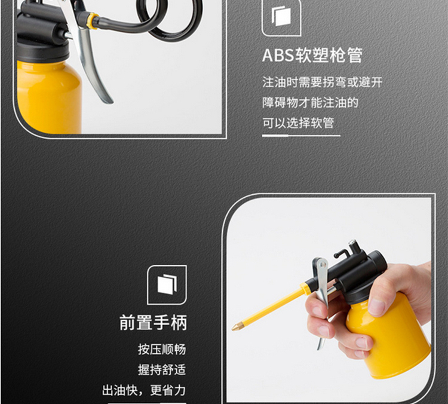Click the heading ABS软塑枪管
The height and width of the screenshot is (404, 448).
point(312,55)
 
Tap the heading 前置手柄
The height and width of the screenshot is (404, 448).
point(153,323)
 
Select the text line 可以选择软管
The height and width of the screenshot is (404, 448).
point(298,123)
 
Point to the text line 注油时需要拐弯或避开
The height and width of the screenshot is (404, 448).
point(323,82)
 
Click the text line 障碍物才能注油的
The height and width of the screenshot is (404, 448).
point(310,103)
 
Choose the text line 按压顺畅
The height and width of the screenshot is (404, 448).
point(162,349)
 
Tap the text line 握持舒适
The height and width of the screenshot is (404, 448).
point(162,370)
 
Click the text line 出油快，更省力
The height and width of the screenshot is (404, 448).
point(144,390)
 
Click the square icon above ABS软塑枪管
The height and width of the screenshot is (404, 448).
point(281,18)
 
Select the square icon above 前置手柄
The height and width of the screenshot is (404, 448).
point(167,285)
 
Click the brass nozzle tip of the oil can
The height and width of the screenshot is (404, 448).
point(236,326)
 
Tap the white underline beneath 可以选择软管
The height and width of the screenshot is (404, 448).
point(301,136)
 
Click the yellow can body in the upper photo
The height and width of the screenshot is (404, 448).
point(48,97)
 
